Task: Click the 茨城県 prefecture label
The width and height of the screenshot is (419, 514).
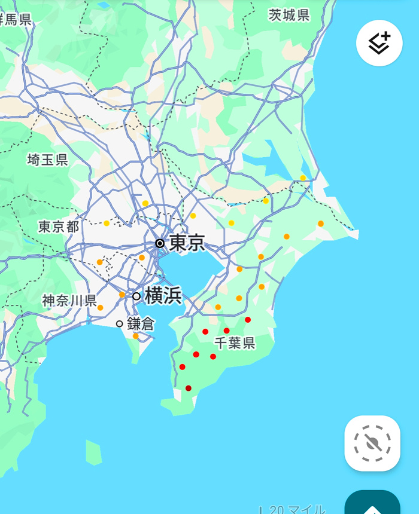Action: [x=289, y=16]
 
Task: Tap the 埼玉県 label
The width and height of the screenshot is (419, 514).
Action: [x=48, y=160]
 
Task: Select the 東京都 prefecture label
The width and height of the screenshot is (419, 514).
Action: [x=59, y=227]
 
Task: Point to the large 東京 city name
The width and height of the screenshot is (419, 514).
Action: [x=187, y=243]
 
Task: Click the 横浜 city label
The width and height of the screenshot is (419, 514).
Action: [x=163, y=295]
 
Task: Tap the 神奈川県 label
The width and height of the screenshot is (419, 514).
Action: [x=69, y=300]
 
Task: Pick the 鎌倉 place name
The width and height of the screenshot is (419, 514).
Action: [x=141, y=324]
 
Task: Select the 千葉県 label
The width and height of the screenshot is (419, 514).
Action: [x=235, y=343]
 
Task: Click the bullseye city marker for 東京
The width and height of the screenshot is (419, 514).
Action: [x=160, y=243]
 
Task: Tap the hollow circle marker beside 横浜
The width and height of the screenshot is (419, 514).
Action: [x=136, y=296]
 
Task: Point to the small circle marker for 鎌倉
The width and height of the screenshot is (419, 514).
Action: [x=120, y=324]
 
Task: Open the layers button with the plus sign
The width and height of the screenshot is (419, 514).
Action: [x=379, y=43]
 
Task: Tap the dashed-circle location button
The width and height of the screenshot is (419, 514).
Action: [x=372, y=443]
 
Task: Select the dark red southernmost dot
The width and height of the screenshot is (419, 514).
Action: [x=189, y=388]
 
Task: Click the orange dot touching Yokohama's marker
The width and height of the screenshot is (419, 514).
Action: [x=122, y=295]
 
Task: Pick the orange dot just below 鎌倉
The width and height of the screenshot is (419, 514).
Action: [x=136, y=336]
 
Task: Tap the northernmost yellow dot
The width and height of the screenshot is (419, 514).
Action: [x=303, y=178]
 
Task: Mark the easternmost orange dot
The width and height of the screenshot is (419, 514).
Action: [x=321, y=224]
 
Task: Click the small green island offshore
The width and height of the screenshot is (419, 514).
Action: [x=93, y=452]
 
